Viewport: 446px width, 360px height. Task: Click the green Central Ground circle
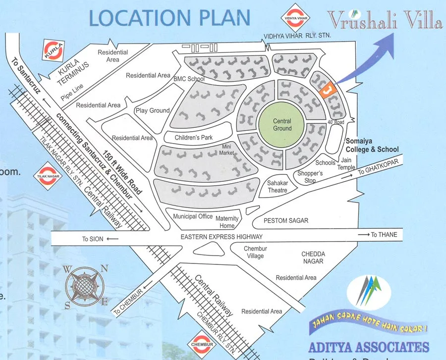pyautogui.click(x=282, y=125)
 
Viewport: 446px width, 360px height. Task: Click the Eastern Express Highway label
pyautogui.click(x=222, y=237)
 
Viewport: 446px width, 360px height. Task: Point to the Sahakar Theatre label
pyautogui.click(x=278, y=186)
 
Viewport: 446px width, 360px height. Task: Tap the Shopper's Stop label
pyautogui.click(x=310, y=177)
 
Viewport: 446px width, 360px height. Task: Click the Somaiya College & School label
pyautogui.click(x=372, y=145)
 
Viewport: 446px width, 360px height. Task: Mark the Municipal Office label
pyautogui.click(x=193, y=216)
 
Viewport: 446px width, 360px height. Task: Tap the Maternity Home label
pyautogui.click(x=227, y=222)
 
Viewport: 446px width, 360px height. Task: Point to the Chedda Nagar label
pyautogui.click(x=313, y=257)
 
